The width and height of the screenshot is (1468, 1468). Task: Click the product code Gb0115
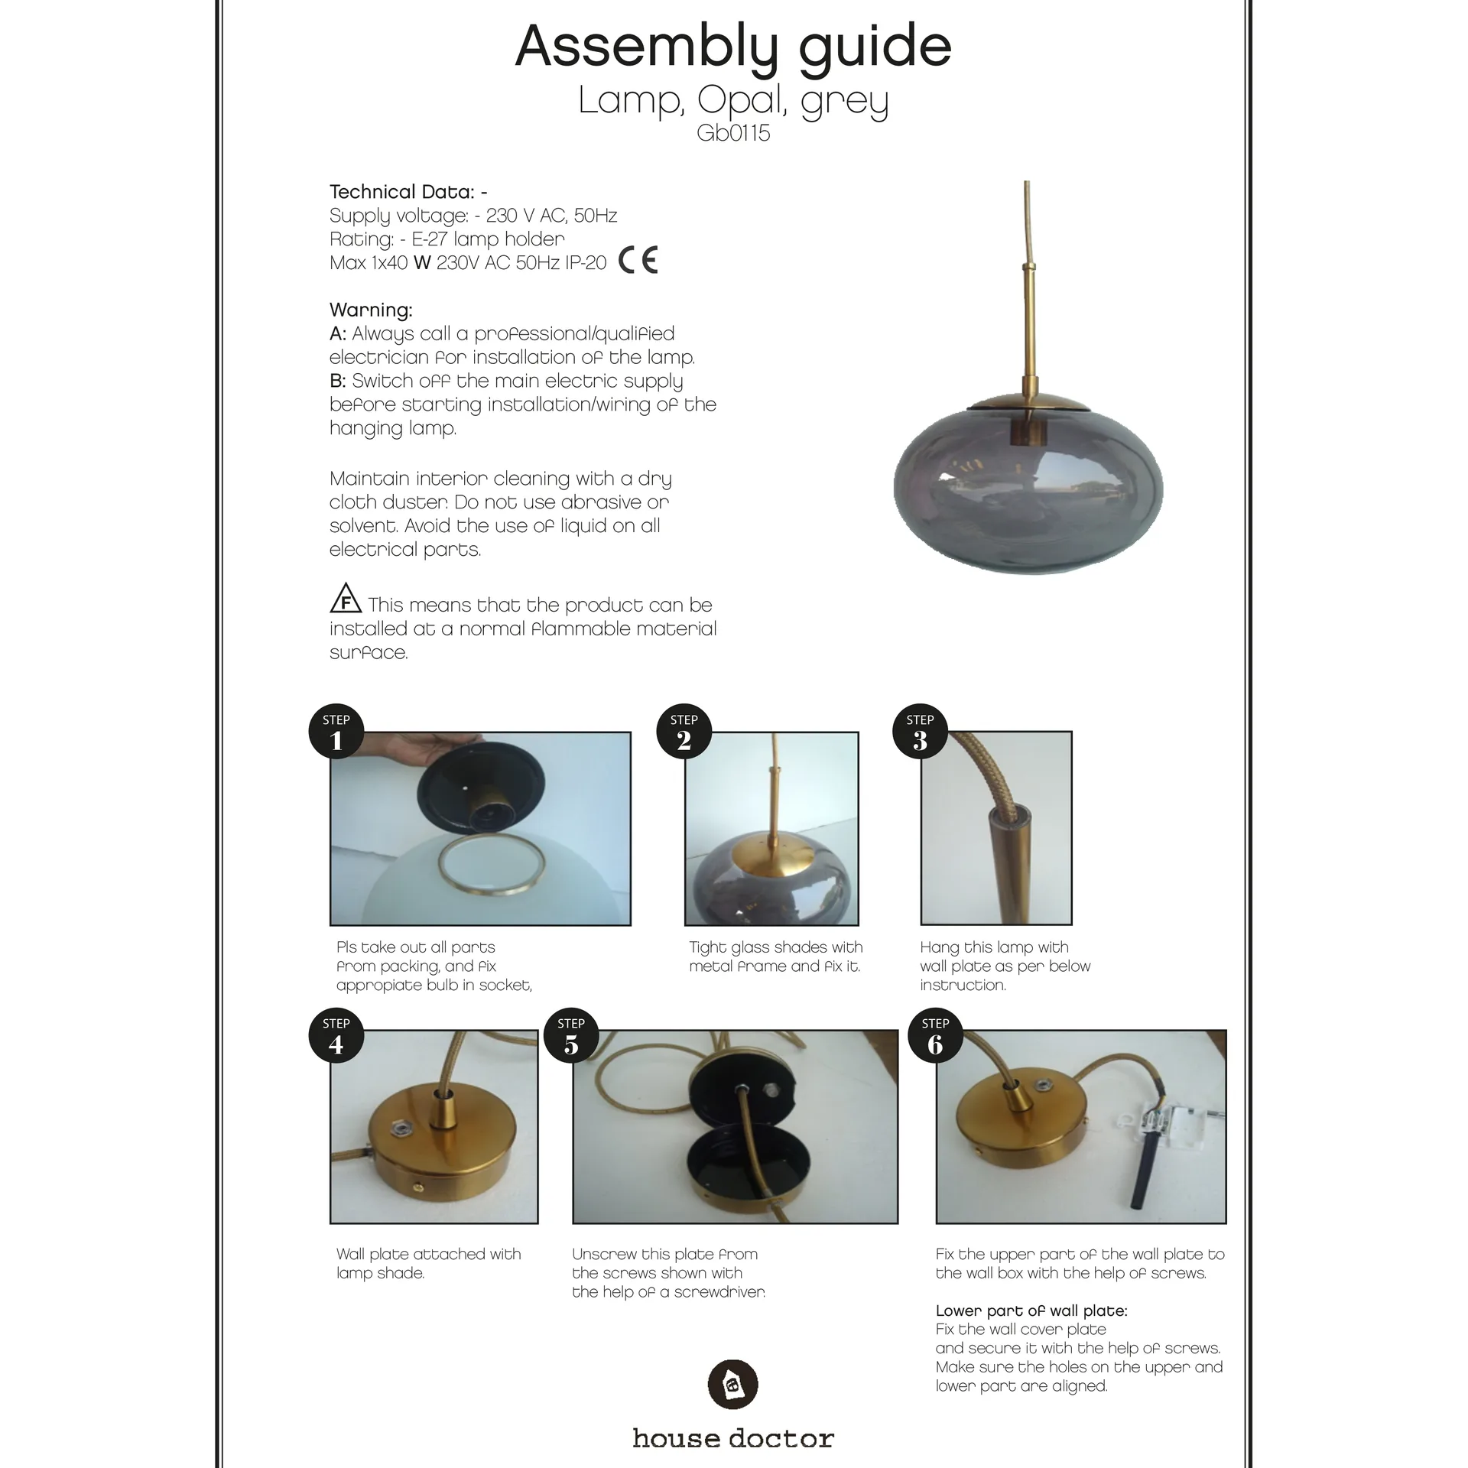(x=733, y=133)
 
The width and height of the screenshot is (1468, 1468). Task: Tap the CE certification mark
(x=638, y=261)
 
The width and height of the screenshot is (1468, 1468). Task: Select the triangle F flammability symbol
(x=346, y=599)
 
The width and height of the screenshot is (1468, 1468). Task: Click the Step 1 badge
(x=336, y=731)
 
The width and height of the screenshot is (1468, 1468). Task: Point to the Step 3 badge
(x=920, y=731)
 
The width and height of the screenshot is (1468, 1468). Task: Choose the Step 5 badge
(x=571, y=1035)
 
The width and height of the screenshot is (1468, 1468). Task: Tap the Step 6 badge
(x=935, y=1035)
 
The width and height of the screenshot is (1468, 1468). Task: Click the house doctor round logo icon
(x=732, y=1384)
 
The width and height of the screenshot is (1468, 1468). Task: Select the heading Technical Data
(x=408, y=191)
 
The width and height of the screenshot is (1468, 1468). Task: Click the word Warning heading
(x=371, y=310)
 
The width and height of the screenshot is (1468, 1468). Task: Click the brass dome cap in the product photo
(x=1027, y=401)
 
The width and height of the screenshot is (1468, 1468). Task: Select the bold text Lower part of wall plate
(x=1031, y=1310)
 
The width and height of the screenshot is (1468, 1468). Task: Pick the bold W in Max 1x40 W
(x=422, y=263)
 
